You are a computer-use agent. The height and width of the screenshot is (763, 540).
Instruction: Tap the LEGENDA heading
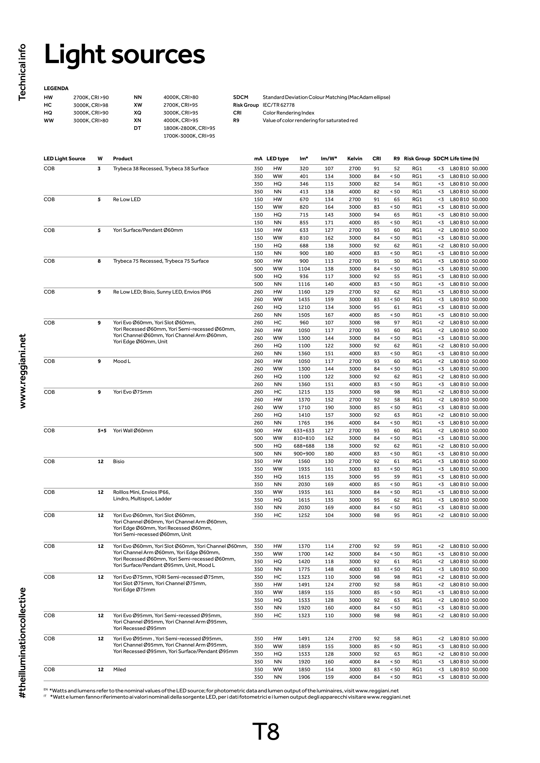pyautogui.click(x=56, y=88)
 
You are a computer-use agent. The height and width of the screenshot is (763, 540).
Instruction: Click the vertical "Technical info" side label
pyautogui.click(x=22, y=72)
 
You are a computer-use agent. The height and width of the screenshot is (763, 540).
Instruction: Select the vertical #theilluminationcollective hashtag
pyautogui.click(x=22, y=643)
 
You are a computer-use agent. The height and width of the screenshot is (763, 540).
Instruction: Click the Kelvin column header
pyautogui.click(x=355, y=159)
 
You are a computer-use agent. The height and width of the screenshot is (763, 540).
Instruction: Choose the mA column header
pyautogui.click(x=258, y=159)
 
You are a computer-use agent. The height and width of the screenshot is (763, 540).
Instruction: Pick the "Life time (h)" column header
pyautogui.click(x=465, y=159)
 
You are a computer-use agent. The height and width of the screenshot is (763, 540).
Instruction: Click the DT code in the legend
pyautogui.click(x=137, y=128)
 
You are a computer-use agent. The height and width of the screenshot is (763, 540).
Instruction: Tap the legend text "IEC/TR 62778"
pyautogui.click(x=279, y=105)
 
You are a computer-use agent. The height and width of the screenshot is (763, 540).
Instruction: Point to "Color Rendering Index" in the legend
pyautogui.click(x=288, y=113)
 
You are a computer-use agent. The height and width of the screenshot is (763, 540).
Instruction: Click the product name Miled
pyautogui.click(x=119, y=670)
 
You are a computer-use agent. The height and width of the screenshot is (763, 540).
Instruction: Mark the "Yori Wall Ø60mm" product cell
pyautogui.click(x=133, y=431)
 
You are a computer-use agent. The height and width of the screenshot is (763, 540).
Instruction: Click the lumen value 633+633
pyautogui.click(x=304, y=431)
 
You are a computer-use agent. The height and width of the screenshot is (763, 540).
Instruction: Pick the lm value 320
pyautogui.click(x=304, y=168)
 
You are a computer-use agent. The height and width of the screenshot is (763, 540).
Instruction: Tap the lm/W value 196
pyautogui.click(x=329, y=423)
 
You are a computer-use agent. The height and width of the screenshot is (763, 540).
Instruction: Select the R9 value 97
pyautogui.click(x=397, y=323)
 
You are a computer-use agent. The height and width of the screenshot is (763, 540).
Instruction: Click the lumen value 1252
pyautogui.click(x=304, y=515)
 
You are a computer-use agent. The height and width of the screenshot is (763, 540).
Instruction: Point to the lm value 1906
pyautogui.click(x=304, y=677)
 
